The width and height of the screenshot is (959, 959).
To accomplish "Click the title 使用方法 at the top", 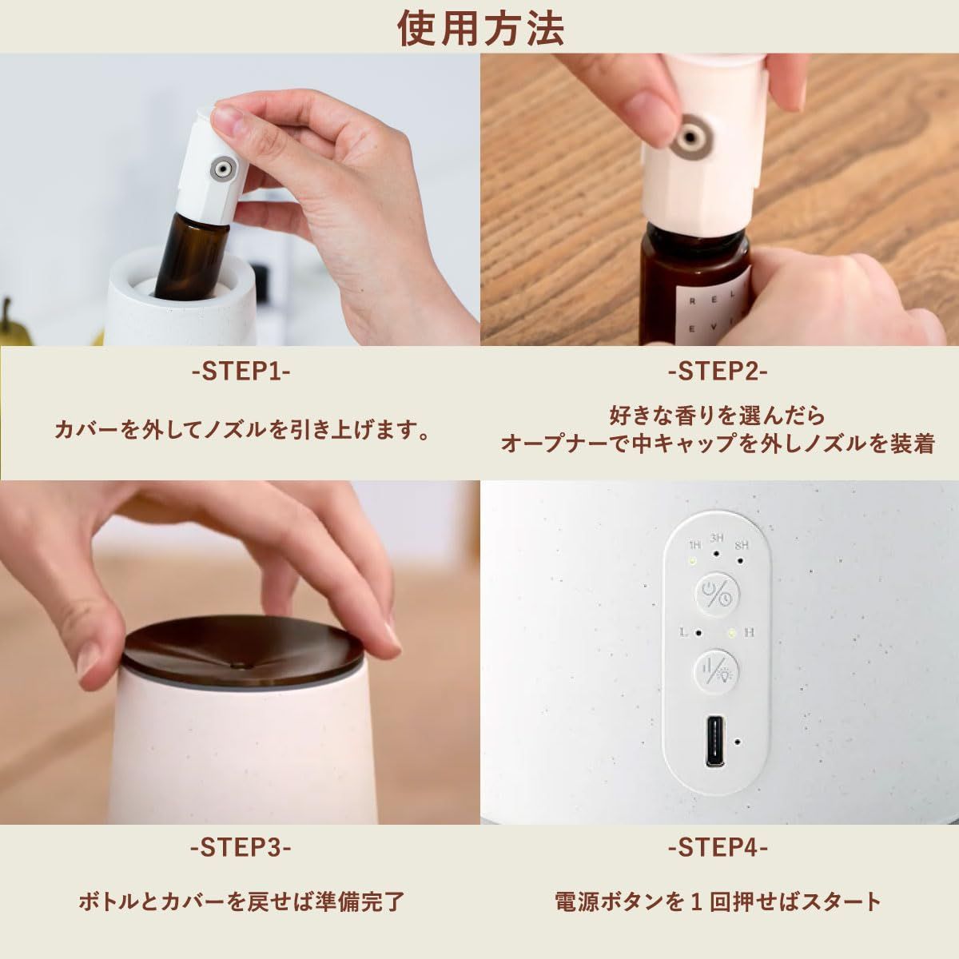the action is (x=480, y=28).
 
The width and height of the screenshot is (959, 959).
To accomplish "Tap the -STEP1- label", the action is (x=241, y=372).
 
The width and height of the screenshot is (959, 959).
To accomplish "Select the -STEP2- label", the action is (x=718, y=372).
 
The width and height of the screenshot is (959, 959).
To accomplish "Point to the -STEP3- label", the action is (x=241, y=848).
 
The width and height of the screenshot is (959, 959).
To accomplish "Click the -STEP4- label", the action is (x=718, y=848).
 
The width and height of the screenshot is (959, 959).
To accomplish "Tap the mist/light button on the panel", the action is (x=717, y=671).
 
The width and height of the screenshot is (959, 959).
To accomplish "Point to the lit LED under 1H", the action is (x=693, y=561).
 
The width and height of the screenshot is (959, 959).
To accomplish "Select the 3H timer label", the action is (x=717, y=538).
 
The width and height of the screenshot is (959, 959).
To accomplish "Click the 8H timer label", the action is (x=742, y=545).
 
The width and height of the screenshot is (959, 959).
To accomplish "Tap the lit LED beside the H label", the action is (x=731, y=633).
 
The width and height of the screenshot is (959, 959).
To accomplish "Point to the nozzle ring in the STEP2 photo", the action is (x=690, y=135).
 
